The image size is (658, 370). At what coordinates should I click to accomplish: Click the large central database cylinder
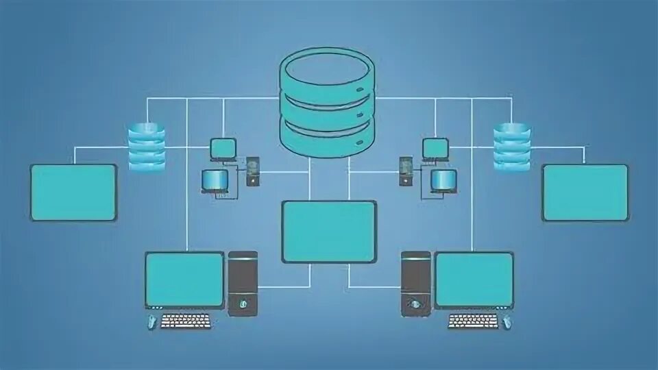[328, 103]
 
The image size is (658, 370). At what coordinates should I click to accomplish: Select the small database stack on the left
[147, 146]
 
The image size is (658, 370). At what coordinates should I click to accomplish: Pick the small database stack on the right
[512, 146]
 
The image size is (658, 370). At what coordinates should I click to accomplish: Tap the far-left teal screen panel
[73, 193]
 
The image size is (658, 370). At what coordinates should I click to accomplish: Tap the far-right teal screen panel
[585, 193]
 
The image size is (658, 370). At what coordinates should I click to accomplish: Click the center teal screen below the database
[329, 232]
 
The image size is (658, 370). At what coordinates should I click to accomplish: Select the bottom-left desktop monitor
[185, 280]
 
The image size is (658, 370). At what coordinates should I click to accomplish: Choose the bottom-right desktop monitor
[474, 280]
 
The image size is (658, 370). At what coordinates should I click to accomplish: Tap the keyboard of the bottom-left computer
[186, 321]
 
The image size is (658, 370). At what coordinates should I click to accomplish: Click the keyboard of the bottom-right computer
[473, 321]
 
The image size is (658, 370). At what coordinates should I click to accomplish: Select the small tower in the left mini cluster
[253, 171]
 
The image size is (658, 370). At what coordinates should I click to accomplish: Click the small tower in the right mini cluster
[406, 171]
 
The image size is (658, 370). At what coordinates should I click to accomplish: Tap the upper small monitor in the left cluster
[223, 148]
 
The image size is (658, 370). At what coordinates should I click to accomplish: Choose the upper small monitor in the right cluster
[435, 148]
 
